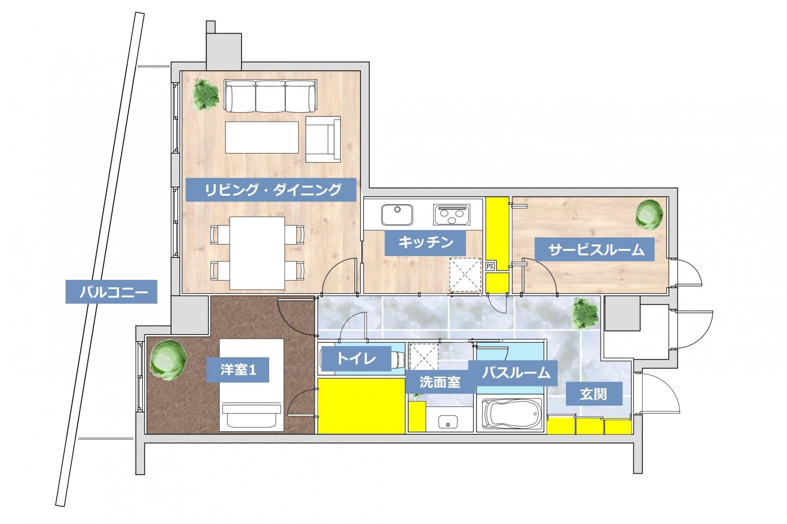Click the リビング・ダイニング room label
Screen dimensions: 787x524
(x=271, y=190)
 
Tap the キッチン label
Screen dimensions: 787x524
(x=425, y=243)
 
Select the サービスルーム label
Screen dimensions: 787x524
(x=594, y=249)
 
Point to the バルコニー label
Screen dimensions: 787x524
(x=111, y=292)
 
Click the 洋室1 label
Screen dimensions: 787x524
(x=238, y=370)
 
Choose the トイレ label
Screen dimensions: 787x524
(x=356, y=359)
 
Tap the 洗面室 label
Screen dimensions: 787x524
(x=440, y=382)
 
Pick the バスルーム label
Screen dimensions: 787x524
(x=513, y=373)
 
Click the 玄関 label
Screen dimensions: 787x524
(x=594, y=393)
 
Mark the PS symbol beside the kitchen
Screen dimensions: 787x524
(x=490, y=266)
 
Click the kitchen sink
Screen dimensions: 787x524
(x=397, y=215)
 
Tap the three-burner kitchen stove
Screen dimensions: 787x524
(x=452, y=214)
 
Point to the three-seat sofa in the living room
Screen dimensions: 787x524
(x=270, y=96)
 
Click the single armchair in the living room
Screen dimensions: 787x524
(x=323, y=139)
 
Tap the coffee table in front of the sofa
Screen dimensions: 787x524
(x=262, y=137)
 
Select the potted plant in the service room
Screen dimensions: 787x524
(x=649, y=215)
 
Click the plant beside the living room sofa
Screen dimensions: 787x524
(x=205, y=94)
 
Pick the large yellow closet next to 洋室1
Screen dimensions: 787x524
(x=361, y=406)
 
